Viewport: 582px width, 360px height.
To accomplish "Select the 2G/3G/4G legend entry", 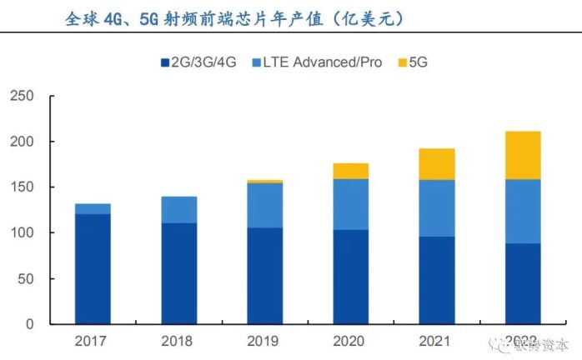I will click(198, 62).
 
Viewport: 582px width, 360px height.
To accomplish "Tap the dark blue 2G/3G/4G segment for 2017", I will click(92, 268).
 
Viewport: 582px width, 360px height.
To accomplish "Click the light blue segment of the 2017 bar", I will click(92, 209).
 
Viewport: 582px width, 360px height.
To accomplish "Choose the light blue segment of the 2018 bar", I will click(178, 210).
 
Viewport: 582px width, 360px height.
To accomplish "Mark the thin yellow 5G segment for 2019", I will click(264, 181).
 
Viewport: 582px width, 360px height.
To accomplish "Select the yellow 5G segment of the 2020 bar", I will click(350, 171).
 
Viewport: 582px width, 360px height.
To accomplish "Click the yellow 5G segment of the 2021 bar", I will click(437, 164).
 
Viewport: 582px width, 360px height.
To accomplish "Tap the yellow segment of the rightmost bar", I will click(523, 155).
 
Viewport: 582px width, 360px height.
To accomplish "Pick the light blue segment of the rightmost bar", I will click(523, 211).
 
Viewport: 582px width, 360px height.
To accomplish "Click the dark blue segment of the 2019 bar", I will click(264, 275).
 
